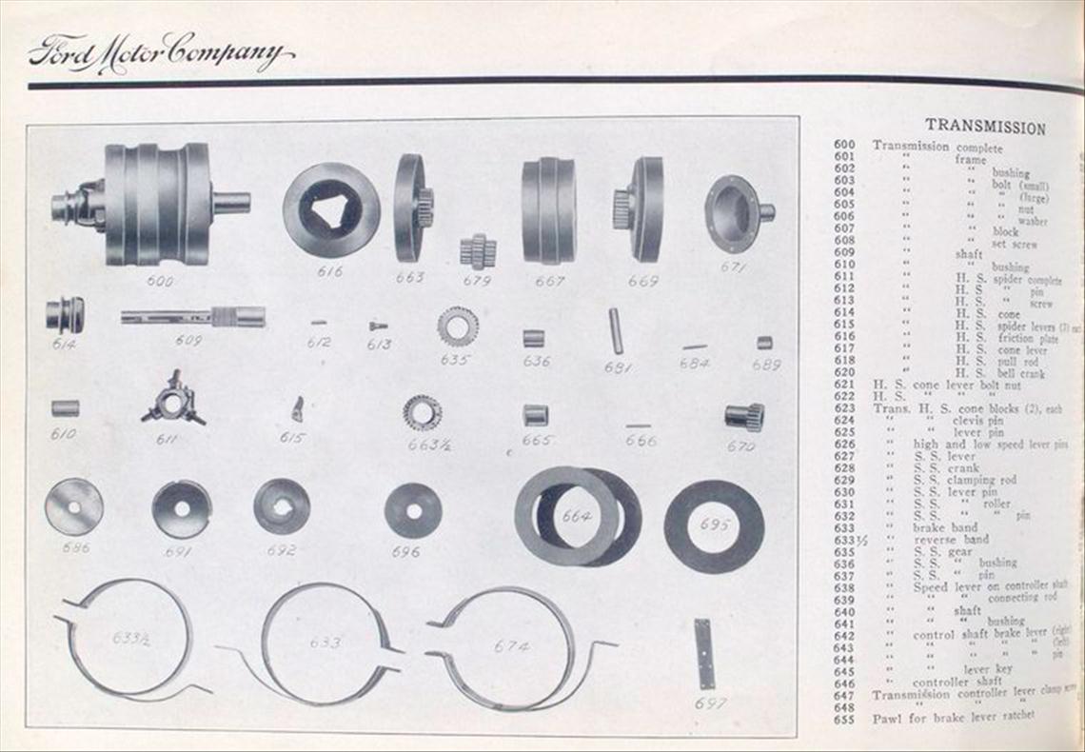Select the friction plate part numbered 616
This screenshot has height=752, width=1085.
click(x=330, y=209)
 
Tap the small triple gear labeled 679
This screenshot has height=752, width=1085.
click(x=477, y=251)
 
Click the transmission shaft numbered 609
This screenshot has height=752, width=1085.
click(x=192, y=317)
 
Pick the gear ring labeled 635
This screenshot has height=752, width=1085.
click(x=457, y=327)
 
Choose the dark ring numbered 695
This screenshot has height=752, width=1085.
click(x=713, y=525)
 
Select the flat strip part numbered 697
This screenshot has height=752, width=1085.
click(x=703, y=653)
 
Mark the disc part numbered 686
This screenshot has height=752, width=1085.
click(x=73, y=506)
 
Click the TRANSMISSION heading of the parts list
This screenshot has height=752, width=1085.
click(x=985, y=128)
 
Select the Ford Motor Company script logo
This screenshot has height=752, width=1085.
click(x=160, y=52)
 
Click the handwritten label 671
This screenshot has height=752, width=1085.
click(x=734, y=267)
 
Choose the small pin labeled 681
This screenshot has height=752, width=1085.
click(x=615, y=330)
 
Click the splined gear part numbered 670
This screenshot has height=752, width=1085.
click(x=744, y=416)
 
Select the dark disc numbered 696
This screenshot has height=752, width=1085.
click(x=413, y=510)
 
